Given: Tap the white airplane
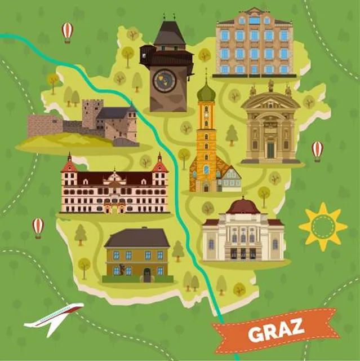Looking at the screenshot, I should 54,316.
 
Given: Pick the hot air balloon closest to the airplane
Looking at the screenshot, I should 38,227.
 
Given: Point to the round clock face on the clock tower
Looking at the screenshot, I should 164,80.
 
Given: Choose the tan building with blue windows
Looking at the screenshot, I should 254,44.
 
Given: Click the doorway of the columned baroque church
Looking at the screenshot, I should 270,149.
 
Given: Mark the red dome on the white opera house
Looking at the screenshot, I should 243,206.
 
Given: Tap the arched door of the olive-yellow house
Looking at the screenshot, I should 147,275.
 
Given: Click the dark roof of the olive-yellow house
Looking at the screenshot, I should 137,238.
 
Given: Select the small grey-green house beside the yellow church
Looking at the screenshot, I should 231,180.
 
